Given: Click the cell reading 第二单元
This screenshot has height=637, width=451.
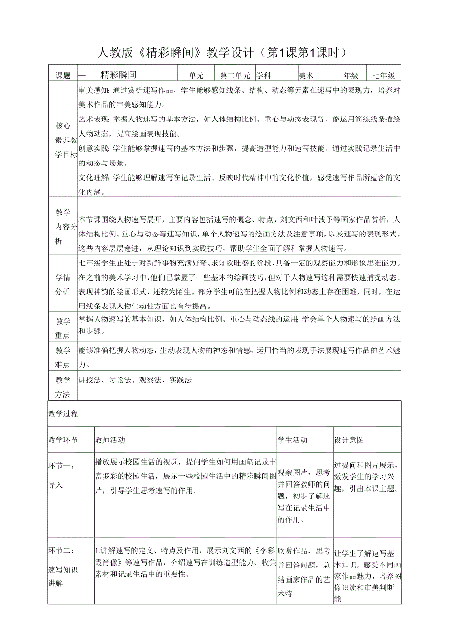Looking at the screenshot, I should pyautogui.click(x=235, y=76).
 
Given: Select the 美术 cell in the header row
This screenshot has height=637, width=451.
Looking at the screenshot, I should pyautogui.click(x=306, y=76).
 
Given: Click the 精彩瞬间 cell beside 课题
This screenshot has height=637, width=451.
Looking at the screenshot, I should pyautogui.click(x=118, y=75).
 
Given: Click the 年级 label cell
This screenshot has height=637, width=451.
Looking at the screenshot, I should pyautogui.click(x=351, y=76).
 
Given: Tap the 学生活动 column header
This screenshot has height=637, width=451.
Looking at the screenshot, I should pyautogui.click(x=293, y=440).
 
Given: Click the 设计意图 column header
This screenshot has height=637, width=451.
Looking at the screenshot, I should pyautogui.click(x=349, y=440).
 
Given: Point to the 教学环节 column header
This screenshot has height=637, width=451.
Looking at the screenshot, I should pyautogui.click(x=63, y=440).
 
